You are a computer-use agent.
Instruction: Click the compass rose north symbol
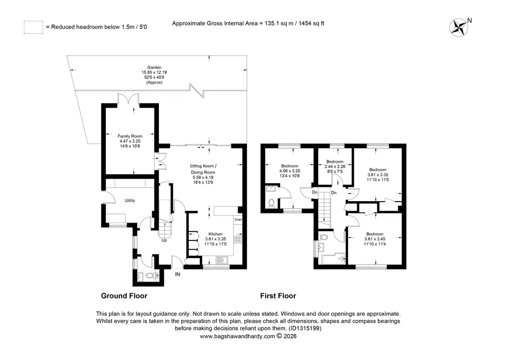(x=459, y=27)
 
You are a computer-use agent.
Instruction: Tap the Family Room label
(x=130, y=136)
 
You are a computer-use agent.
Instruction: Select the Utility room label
(x=130, y=201)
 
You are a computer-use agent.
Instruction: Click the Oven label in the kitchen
(x=238, y=220)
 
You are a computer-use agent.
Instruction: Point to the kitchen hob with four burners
(x=238, y=240)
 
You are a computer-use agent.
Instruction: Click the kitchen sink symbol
(x=222, y=260)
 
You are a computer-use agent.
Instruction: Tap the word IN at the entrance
(x=178, y=274)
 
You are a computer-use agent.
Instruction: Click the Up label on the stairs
(x=164, y=240)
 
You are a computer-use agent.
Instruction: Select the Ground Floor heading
(x=124, y=296)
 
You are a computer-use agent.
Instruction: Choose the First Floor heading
(x=278, y=296)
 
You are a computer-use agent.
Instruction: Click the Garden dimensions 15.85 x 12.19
(x=154, y=72)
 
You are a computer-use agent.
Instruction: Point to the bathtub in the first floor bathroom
(x=333, y=259)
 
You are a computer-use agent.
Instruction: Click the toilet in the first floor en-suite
(x=271, y=203)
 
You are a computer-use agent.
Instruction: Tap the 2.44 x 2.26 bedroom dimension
(x=335, y=167)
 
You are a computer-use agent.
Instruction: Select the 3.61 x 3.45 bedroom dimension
(x=375, y=239)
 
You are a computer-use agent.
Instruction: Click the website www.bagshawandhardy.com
(x=237, y=337)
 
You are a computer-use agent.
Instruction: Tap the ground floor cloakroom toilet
(x=150, y=276)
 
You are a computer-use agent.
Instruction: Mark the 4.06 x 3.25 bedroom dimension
(x=290, y=171)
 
